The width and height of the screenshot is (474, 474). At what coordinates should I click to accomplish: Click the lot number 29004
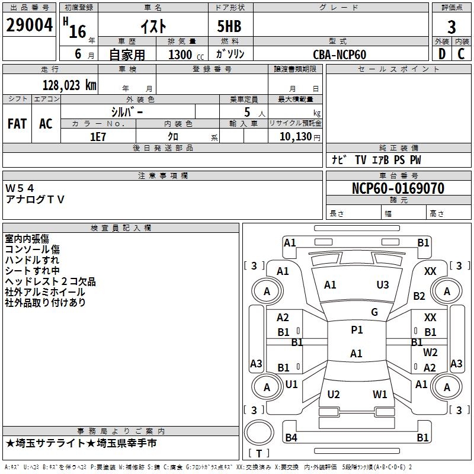click(x=29, y=25)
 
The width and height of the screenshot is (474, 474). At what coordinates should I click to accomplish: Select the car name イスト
click(x=153, y=26)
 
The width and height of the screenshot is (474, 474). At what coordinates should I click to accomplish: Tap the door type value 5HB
click(x=229, y=26)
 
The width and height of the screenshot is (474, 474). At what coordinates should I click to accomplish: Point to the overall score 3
click(x=451, y=27)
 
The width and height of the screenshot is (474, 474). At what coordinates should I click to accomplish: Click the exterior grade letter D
click(x=442, y=54)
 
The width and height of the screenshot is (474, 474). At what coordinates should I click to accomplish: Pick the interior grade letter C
click(x=461, y=54)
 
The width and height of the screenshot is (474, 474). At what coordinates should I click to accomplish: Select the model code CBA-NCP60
click(x=340, y=55)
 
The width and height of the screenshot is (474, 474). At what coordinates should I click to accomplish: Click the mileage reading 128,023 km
click(x=69, y=85)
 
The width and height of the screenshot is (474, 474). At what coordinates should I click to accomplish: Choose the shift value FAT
click(x=17, y=124)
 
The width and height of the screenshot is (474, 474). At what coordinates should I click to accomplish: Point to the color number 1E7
click(x=98, y=137)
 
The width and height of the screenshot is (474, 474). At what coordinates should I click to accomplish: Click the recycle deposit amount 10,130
click(x=295, y=137)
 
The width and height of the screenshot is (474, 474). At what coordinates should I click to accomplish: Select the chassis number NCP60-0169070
click(x=398, y=188)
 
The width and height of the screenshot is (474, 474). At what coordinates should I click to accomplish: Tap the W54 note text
click(x=20, y=188)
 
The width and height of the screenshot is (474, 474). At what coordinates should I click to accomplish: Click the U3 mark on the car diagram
click(x=383, y=285)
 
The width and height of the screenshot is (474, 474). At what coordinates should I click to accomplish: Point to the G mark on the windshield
click(x=374, y=312)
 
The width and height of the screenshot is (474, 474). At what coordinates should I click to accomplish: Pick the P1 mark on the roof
click(x=357, y=330)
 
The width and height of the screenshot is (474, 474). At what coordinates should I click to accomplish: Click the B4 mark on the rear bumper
click(x=291, y=437)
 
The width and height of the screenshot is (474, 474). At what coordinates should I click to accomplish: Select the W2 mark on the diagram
click(x=430, y=353)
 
